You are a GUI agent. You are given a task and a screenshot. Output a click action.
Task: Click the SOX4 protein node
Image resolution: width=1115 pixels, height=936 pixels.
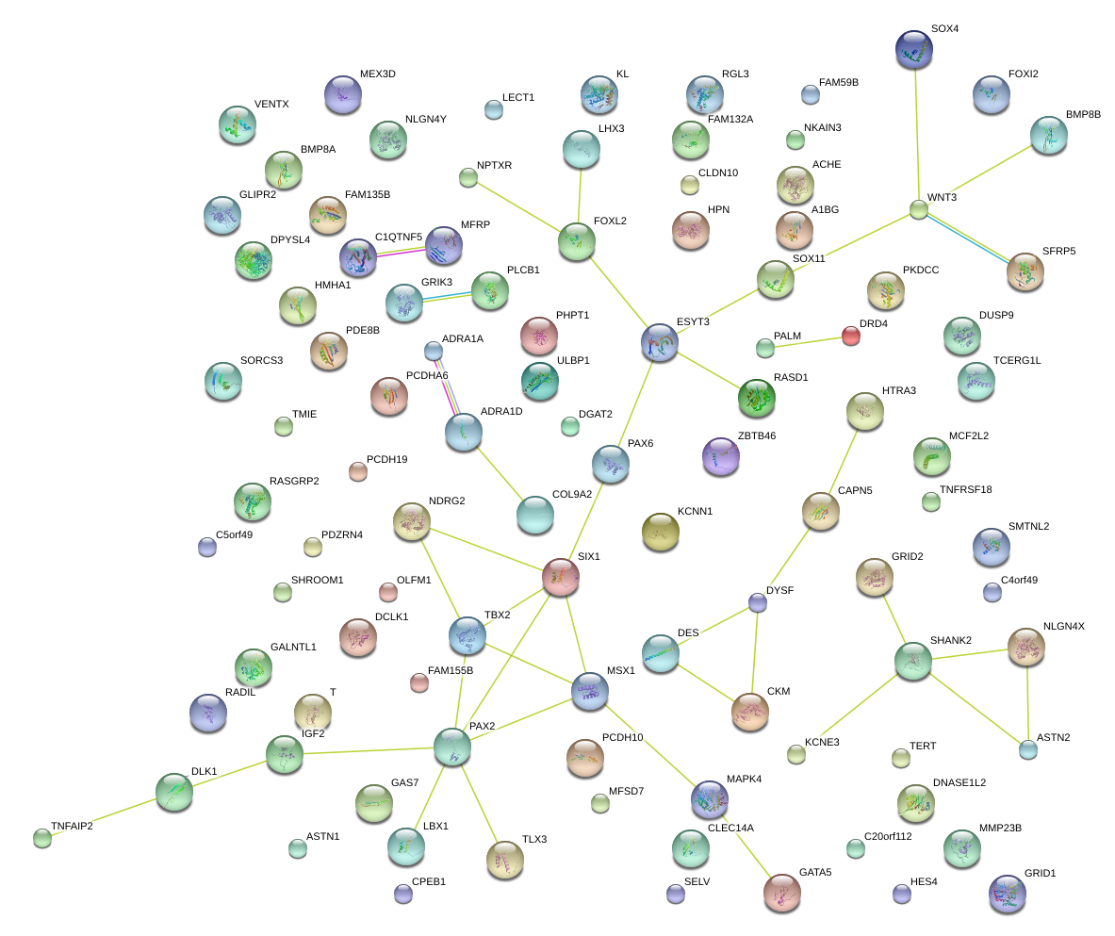(913, 49)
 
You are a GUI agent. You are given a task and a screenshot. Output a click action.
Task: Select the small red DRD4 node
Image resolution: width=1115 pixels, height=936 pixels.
(850, 335)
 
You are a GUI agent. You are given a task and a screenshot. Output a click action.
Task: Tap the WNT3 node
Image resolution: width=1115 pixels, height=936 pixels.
(919, 209)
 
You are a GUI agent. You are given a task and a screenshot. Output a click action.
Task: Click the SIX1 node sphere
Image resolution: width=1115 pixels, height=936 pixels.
(561, 576)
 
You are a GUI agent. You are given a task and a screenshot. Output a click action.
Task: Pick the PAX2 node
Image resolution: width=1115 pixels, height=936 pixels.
(451, 747)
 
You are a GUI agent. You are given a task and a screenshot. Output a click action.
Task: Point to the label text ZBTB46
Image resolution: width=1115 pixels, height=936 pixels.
(757, 435)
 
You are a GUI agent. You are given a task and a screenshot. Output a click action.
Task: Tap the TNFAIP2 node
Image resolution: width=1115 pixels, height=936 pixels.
(41, 836)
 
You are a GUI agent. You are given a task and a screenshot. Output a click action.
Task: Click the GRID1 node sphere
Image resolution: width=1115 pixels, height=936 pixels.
(1008, 893)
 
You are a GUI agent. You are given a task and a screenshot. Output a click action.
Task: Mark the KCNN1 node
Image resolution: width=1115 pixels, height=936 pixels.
(660, 532)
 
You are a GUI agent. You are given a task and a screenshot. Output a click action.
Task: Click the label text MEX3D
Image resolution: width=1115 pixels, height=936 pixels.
(378, 74)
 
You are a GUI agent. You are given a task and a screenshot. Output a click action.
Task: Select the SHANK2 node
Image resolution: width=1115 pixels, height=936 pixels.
(912, 661)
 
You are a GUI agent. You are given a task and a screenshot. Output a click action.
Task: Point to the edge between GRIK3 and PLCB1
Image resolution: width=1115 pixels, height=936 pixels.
(447, 297)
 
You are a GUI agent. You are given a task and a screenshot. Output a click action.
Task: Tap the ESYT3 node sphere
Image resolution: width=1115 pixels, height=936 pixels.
(659, 343)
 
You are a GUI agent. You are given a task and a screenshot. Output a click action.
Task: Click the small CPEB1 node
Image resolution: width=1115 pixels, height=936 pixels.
(403, 893)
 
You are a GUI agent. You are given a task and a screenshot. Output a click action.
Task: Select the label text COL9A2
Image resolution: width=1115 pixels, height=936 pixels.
(572, 494)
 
